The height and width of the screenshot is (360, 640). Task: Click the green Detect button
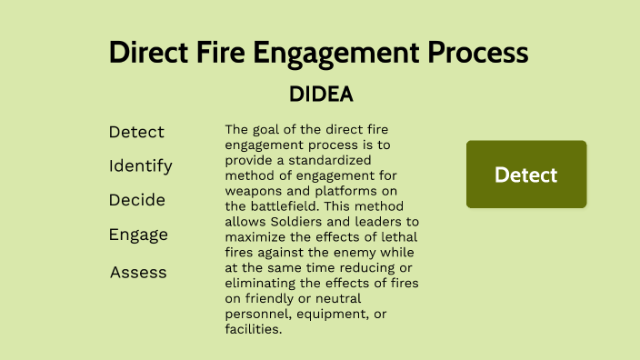(x=526, y=175)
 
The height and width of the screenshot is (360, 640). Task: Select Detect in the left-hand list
(x=136, y=132)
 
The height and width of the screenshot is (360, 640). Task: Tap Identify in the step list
(x=140, y=166)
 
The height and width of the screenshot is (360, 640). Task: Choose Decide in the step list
(x=137, y=200)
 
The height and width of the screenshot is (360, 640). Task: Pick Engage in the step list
(x=138, y=235)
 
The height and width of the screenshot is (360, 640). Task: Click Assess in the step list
(x=138, y=272)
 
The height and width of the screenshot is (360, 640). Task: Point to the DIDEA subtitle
(x=320, y=94)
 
